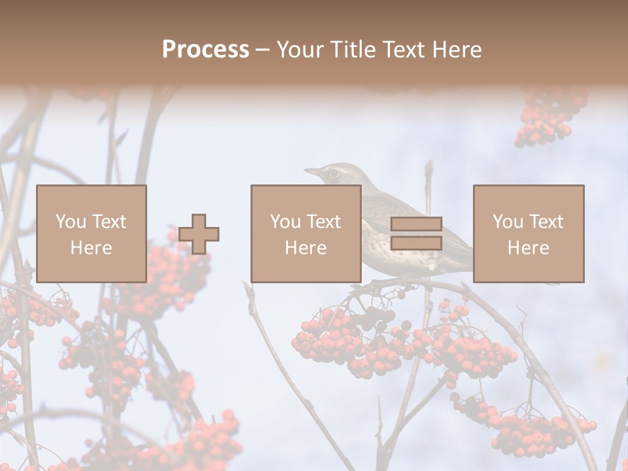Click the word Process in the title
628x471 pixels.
pyautogui.click(x=205, y=50)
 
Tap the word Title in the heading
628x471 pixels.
pyautogui.click(x=353, y=50)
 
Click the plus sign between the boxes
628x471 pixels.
pyautogui.click(x=199, y=234)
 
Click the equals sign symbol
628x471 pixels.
pyautogui.click(x=416, y=234)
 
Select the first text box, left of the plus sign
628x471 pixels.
pyautogui.click(x=91, y=234)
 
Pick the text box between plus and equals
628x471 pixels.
pyautogui.click(x=305, y=234)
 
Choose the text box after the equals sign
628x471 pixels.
pyautogui.click(x=529, y=234)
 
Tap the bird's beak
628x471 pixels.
pyautogui.click(x=312, y=172)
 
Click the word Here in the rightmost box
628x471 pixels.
pyautogui.click(x=529, y=247)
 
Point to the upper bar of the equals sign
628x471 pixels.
pyautogui.click(x=416, y=224)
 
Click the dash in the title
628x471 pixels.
pyautogui.click(x=262, y=50)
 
